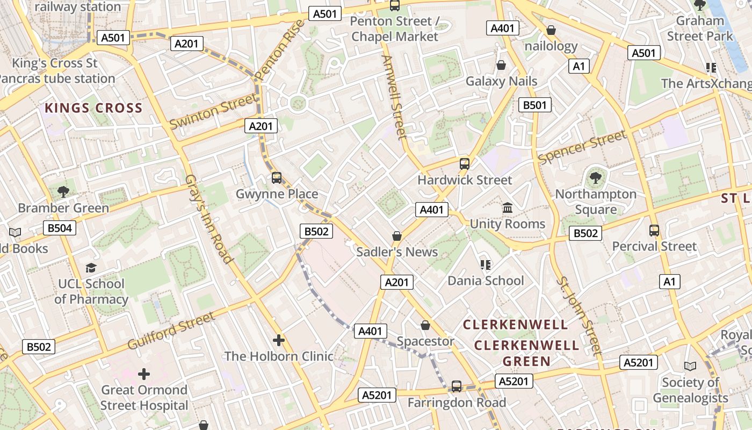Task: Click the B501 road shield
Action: (535, 105)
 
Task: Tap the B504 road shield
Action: (59, 228)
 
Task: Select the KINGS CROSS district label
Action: (93, 108)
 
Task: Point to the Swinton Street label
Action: (213, 111)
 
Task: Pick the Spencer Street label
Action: (582, 147)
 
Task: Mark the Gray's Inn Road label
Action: (209, 219)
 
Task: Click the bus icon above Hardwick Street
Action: (465, 164)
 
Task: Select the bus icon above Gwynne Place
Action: (277, 177)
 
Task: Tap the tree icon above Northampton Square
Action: (595, 177)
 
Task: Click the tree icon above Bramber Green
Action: (63, 191)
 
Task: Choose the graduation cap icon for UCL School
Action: (91, 268)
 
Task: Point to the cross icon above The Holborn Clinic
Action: (278, 340)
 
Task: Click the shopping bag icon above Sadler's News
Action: (397, 236)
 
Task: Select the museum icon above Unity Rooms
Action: (507, 207)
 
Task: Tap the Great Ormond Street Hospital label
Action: (144, 397)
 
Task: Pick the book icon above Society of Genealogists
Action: (690, 366)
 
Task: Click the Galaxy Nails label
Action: (501, 81)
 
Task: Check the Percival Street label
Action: (654, 246)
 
